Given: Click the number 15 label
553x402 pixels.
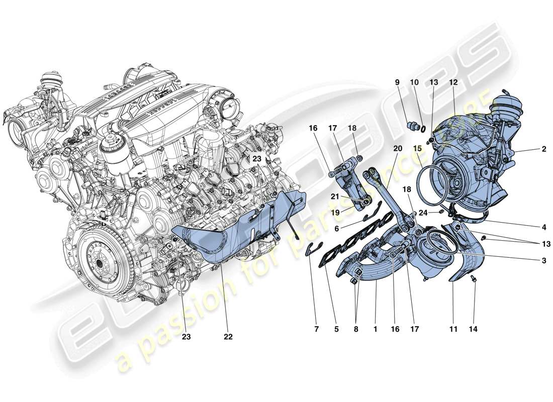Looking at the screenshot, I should [418, 149].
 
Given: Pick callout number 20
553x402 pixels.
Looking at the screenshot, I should [398, 149].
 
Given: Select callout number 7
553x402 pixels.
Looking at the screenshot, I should [317, 330].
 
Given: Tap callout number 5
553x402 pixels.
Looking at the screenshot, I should [336, 330].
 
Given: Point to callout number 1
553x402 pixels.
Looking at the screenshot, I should [375, 330].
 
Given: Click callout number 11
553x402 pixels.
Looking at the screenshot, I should [453, 330].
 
